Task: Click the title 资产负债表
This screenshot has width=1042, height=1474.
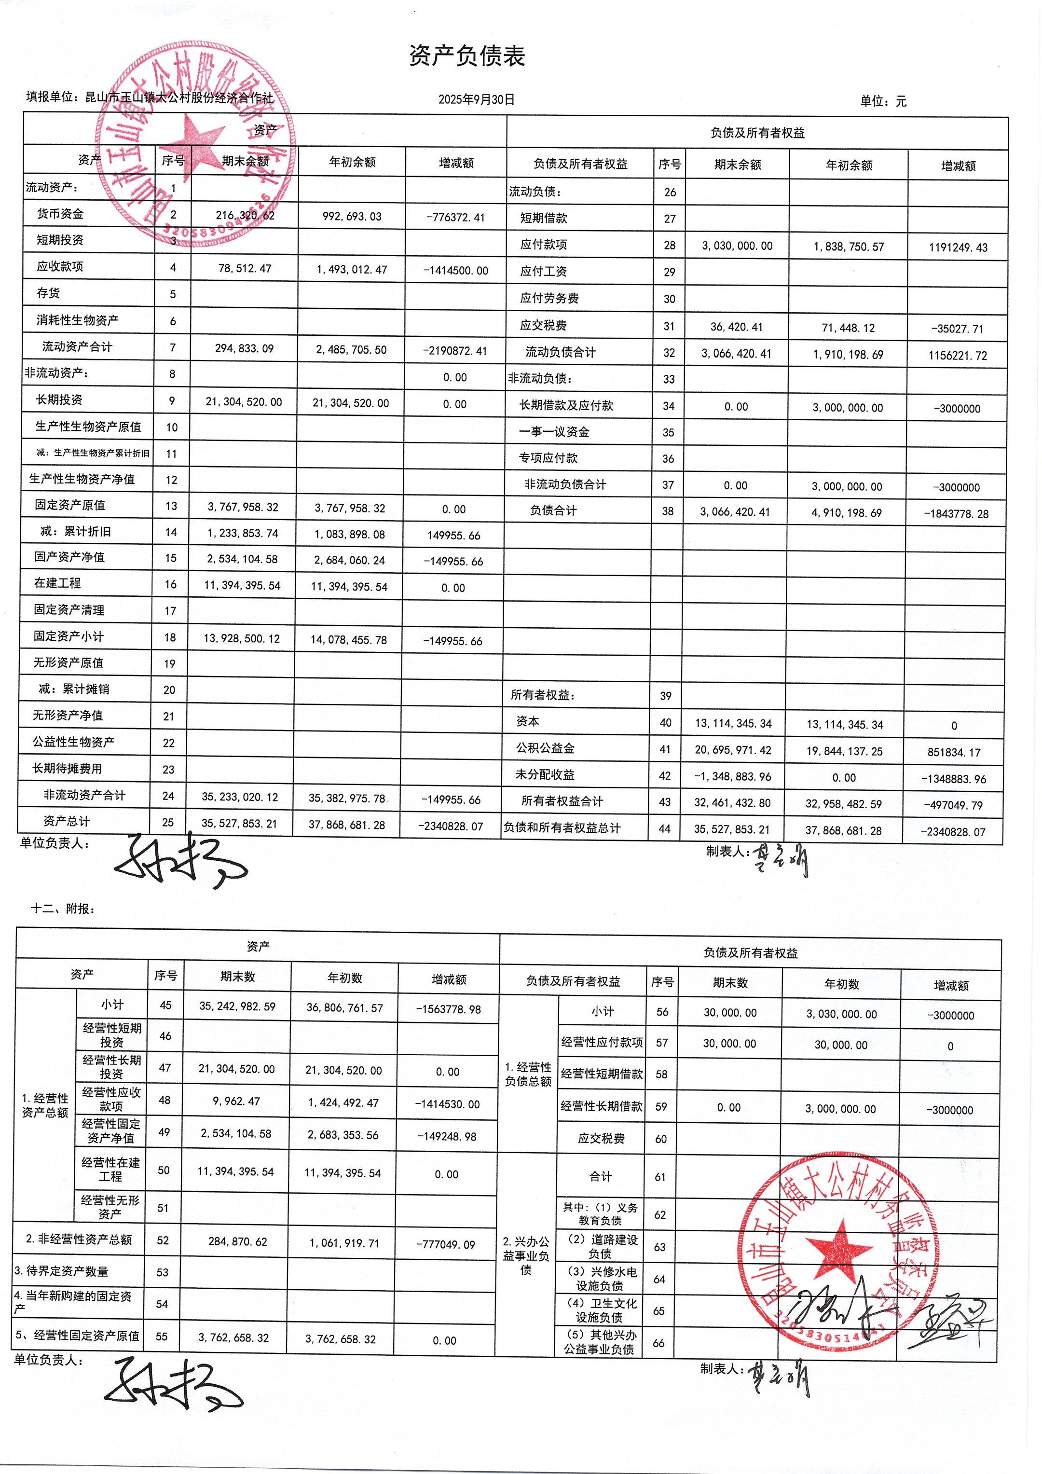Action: (467, 56)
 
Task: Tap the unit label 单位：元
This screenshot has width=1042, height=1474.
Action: (883, 101)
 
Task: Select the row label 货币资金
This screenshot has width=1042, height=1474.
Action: (60, 214)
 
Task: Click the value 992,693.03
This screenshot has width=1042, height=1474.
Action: (352, 216)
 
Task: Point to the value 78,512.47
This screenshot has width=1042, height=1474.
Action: (245, 268)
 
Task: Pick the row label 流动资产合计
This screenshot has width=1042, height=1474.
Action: (77, 347)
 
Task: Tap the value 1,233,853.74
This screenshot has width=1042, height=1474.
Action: (243, 533)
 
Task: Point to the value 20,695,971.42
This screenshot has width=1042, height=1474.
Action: (733, 750)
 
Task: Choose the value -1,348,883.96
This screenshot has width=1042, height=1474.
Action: (733, 777)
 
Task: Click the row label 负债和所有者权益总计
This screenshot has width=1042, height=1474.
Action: (562, 827)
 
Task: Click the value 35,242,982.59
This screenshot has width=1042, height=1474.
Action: (237, 1006)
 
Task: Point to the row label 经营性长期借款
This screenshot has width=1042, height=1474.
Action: (601, 1105)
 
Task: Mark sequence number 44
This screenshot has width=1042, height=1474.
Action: (664, 829)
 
